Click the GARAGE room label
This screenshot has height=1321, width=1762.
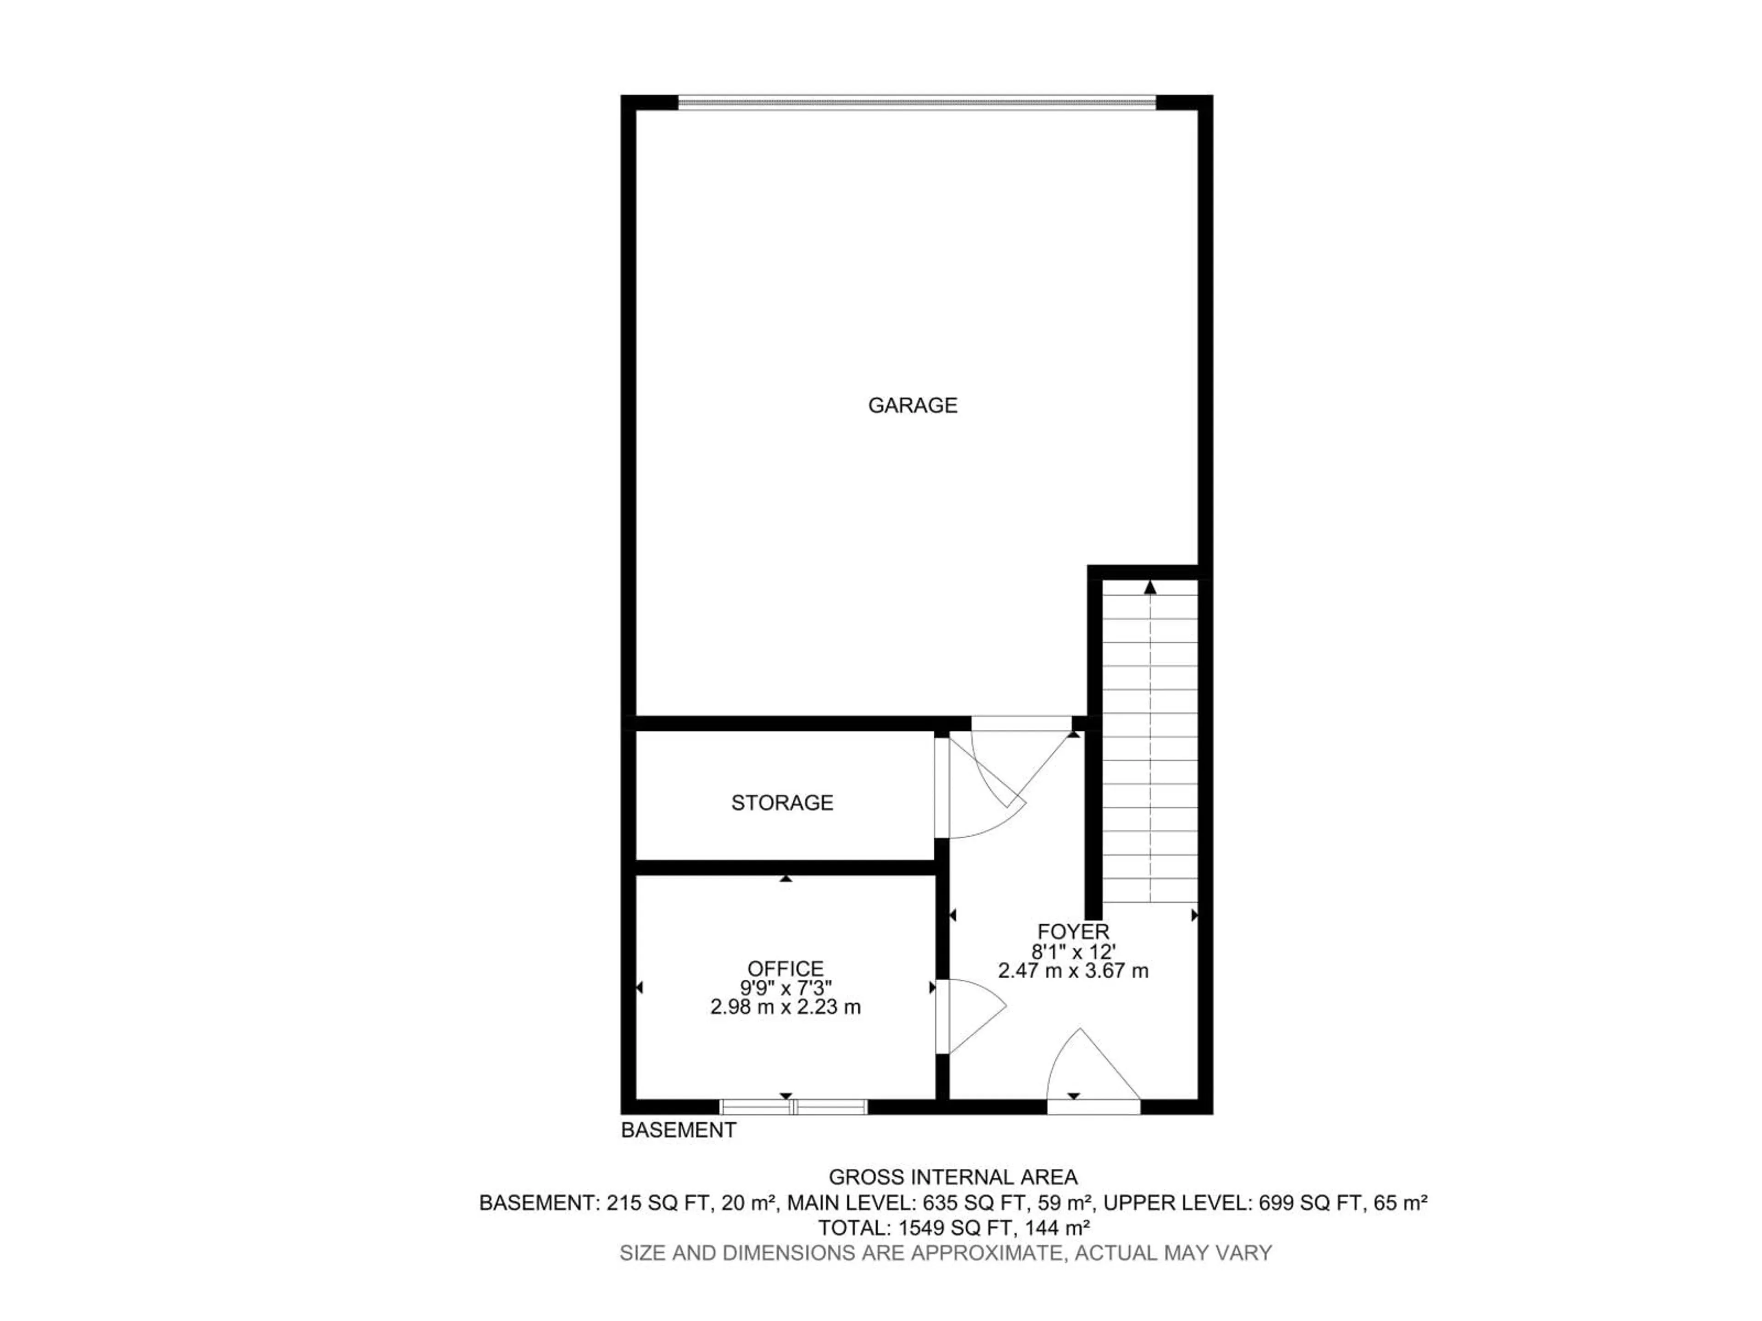(912, 405)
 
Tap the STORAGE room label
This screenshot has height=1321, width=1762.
(782, 803)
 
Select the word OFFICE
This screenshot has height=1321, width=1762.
(786, 969)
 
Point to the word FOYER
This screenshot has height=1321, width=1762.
(1073, 932)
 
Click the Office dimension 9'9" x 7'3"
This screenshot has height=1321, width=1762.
(786, 988)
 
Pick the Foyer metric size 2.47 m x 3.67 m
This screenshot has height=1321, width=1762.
(1073, 971)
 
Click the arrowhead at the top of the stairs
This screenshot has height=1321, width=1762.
(1150, 588)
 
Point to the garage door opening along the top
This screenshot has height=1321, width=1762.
(916, 102)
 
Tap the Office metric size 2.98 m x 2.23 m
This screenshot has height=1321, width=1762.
(786, 1007)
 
